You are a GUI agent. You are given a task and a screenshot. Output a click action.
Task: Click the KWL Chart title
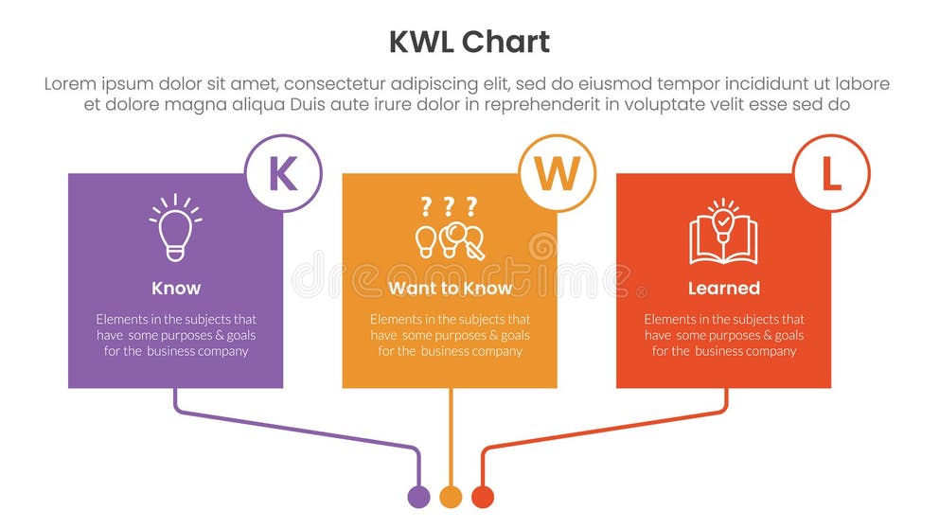[x=469, y=42]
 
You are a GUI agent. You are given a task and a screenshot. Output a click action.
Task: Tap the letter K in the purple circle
[x=283, y=174]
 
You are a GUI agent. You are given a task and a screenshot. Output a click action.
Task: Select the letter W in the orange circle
[x=558, y=174]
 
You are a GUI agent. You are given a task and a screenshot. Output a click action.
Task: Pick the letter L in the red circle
[x=831, y=174]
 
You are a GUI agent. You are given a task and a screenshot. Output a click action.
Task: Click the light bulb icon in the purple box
[x=175, y=227]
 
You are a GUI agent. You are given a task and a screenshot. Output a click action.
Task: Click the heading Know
[x=175, y=288]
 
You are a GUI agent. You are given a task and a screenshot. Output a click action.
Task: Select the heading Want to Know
[x=450, y=288]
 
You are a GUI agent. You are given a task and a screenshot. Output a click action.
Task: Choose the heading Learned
[x=723, y=288]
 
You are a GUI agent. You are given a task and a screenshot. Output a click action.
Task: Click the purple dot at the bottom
[x=418, y=497]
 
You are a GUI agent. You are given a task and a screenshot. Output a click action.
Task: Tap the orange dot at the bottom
[x=451, y=497]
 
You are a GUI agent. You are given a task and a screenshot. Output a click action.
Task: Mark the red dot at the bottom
[x=483, y=497]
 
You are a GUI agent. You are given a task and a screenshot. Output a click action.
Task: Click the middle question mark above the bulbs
[x=449, y=205]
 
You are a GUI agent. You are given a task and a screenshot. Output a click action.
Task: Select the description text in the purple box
[x=175, y=335]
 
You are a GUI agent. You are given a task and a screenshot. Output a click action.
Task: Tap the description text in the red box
[x=723, y=335]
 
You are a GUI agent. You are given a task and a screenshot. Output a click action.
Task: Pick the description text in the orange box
[x=450, y=335]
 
